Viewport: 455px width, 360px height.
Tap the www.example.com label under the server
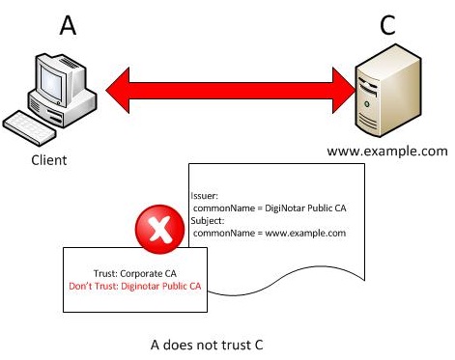point(386,152)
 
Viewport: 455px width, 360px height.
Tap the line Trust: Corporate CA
point(134,273)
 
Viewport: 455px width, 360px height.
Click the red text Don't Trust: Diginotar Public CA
point(134,287)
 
